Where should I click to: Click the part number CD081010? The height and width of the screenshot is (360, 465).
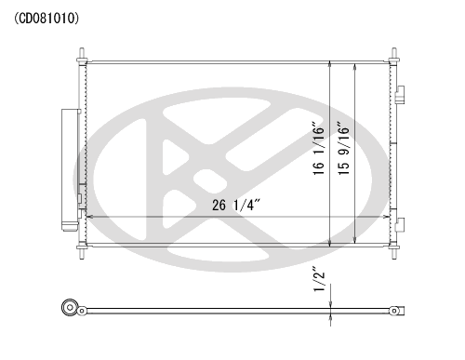[x=46, y=19]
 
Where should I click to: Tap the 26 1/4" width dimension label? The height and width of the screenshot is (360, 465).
[x=236, y=205]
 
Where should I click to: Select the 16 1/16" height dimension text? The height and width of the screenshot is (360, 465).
[x=318, y=150]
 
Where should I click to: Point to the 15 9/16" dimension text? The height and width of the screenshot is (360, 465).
[x=343, y=150]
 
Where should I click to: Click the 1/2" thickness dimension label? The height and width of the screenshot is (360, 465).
[x=319, y=279]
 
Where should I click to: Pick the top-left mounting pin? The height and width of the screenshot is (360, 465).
[x=82, y=55]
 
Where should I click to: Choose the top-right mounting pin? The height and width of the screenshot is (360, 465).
[x=394, y=55]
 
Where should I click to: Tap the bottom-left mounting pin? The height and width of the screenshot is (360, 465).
[x=82, y=252]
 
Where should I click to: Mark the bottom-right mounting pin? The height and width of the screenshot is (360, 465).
[x=394, y=252]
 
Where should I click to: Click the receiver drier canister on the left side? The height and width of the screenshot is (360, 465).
[x=70, y=169]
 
